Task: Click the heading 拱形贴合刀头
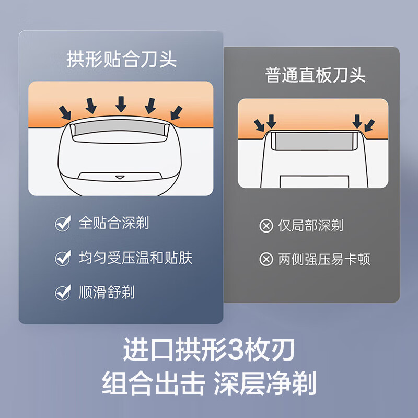click(121, 59)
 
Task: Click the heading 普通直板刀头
click(315, 75)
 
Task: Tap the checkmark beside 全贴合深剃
click(63, 224)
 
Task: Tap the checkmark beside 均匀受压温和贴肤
click(63, 258)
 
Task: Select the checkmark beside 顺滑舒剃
click(63, 293)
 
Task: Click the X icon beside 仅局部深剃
click(266, 226)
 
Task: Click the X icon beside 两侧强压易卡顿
click(266, 260)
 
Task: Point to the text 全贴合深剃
click(114, 223)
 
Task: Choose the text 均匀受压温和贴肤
click(136, 258)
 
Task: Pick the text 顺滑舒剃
click(107, 292)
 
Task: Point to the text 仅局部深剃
click(310, 226)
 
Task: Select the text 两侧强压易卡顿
click(324, 259)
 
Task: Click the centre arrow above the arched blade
click(121, 103)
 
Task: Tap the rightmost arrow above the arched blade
click(177, 112)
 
